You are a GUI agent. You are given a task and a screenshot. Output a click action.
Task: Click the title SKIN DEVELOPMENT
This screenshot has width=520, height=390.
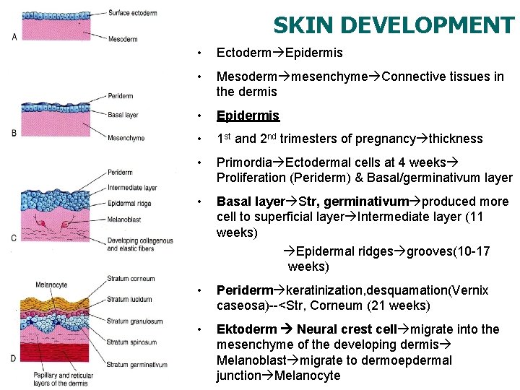point(394,25)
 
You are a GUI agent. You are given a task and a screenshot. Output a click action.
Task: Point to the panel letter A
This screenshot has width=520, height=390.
point(14,37)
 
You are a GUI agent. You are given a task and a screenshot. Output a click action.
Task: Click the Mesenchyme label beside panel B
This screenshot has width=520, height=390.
point(126,138)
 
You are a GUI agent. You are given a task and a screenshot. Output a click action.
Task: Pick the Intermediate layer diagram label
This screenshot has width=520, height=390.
point(131,188)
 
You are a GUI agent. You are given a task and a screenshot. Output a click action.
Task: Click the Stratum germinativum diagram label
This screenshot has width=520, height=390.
point(136,365)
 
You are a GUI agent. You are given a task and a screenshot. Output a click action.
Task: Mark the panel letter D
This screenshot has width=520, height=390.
point(14,358)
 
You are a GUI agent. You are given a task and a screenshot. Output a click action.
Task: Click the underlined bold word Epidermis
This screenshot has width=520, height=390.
point(248,116)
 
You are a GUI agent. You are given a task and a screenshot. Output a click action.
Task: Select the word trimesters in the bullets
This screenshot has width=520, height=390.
point(313,139)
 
